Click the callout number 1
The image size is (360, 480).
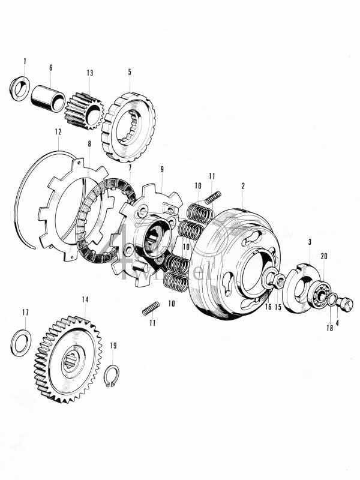pos(25,61)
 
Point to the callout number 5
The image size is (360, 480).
pos(129,72)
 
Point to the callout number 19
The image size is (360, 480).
pos(113,346)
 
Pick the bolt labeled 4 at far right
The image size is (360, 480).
pos(344,304)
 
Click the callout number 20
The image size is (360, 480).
pos(324,256)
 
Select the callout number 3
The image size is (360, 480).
pos(309,242)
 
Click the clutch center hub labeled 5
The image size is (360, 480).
pos(130,126)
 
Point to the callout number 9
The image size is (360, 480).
pos(161,170)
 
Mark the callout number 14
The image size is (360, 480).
pos(85,299)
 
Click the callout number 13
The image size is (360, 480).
pos(90,73)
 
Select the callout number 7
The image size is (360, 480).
pos(130,167)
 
